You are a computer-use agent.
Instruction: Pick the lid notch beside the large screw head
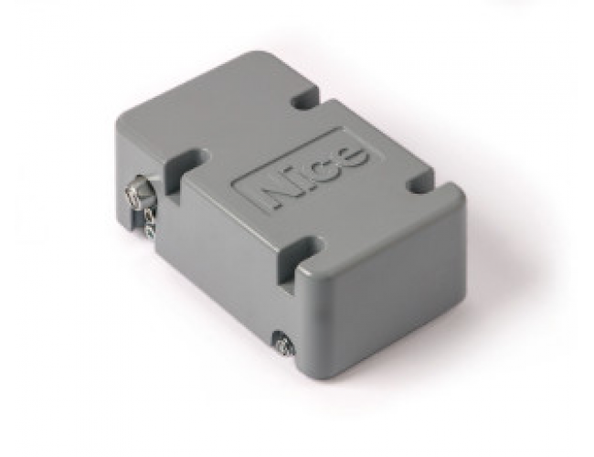pyautogui.click(x=186, y=162)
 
